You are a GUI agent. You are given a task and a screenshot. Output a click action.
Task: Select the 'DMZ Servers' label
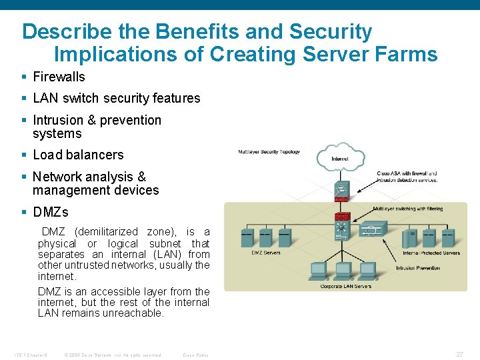(x=265, y=253)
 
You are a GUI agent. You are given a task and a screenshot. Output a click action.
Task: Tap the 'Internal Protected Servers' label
(x=431, y=253)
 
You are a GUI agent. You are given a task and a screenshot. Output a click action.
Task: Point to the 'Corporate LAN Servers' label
(x=345, y=285)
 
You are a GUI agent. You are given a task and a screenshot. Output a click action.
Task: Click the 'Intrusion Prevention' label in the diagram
(x=418, y=268)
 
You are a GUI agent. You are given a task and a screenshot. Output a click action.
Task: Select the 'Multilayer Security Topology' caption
(x=269, y=152)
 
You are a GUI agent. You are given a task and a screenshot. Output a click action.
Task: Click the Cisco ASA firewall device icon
(x=342, y=191)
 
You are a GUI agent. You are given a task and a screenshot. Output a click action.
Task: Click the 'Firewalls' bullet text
(x=59, y=77)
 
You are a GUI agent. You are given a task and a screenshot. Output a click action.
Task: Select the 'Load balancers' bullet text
(x=78, y=155)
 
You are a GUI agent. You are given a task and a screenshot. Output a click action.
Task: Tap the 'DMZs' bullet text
(x=50, y=213)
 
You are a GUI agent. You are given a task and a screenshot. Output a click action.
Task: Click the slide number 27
(x=459, y=355)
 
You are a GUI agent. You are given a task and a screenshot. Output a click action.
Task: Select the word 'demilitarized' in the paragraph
(x=109, y=232)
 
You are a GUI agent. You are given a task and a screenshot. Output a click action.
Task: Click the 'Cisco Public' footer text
(x=195, y=355)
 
